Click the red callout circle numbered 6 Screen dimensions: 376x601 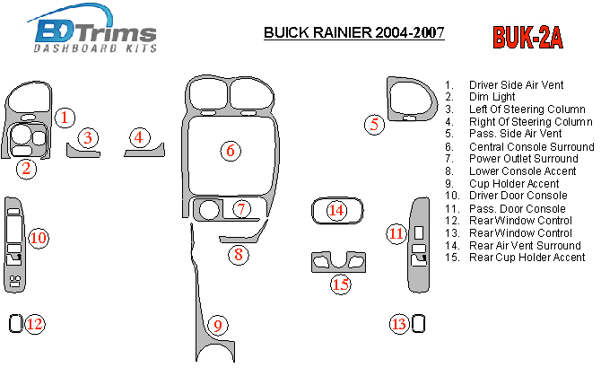(231, 151)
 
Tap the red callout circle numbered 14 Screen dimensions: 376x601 (336, 210)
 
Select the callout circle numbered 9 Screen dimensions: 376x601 (216, 324)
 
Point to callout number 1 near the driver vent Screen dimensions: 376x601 (65, 117)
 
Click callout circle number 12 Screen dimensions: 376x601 (34, 324)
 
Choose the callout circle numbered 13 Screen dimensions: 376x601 (399, 324)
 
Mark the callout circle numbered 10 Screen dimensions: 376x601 (38, 238)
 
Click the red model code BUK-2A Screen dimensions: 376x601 (527, 37)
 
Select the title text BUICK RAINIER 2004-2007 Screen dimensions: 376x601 (353, 34)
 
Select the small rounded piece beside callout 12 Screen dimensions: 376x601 (15, 324)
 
